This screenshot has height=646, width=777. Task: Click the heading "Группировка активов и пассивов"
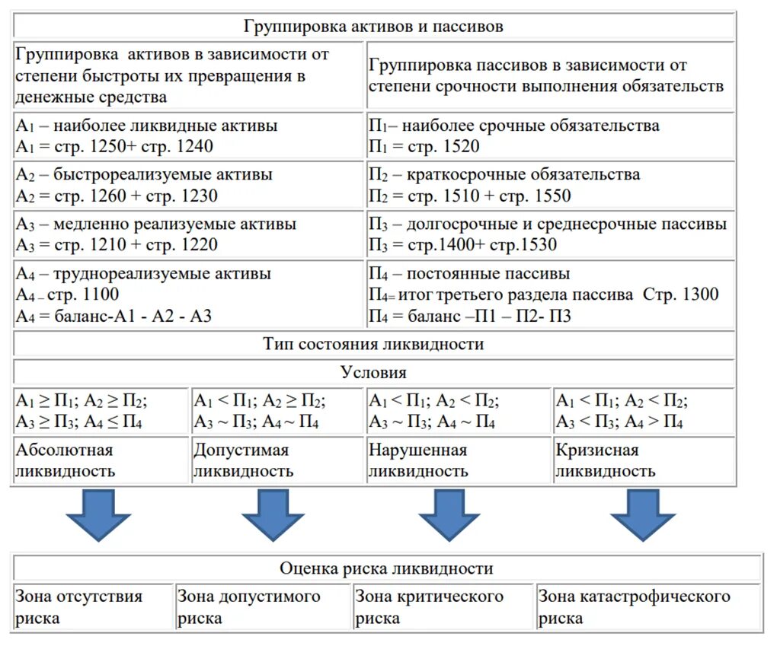click(x=373, y=26)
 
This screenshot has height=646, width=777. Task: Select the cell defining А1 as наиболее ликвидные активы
click(x=188, y=136)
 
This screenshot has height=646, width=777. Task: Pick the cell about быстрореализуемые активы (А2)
click(x=188, y=185)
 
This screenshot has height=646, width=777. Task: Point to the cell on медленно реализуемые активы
click(x=188, y=234)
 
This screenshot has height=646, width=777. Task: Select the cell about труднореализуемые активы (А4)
click(x=188, y=294)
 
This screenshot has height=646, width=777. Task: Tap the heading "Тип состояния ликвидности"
click(x=373, y=344)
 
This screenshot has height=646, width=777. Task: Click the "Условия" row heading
click(x=373, y=373)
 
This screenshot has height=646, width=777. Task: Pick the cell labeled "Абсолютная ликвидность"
click(x=100, y=460)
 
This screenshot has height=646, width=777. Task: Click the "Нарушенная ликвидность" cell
click(x=458, y=460)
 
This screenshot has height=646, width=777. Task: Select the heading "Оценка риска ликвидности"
click(x=386, y=568)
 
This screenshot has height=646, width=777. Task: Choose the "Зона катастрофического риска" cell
click(x=647, y=606)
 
